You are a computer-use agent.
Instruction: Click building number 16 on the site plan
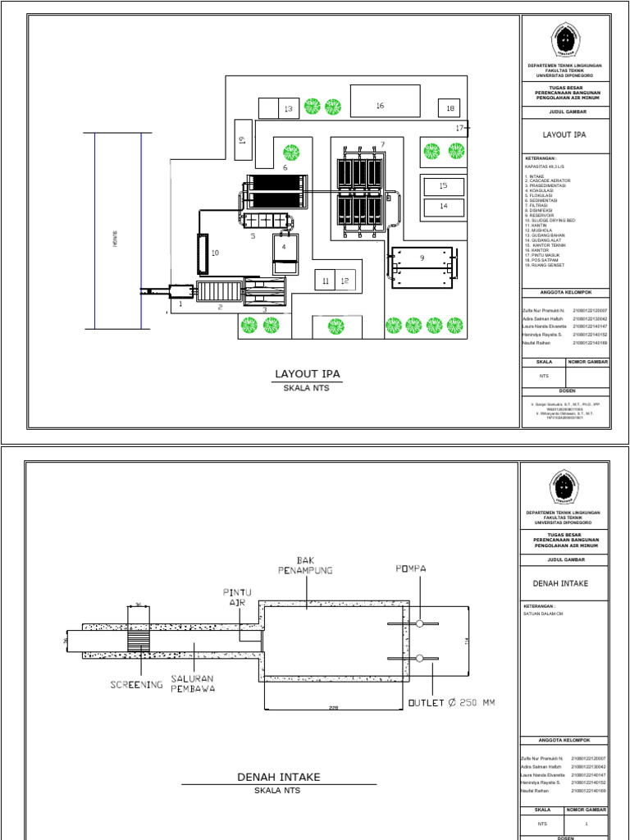[380, 105]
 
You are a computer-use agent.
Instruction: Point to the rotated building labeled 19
[242, 139]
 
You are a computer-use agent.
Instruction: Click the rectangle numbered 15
[443, 186]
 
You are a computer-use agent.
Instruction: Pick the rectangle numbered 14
[443, 206]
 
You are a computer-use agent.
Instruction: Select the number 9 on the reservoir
[422, 258]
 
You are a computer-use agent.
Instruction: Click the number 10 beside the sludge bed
[215, 254]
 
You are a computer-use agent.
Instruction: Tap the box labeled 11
[326, 281]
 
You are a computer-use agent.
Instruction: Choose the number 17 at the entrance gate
[460, 128]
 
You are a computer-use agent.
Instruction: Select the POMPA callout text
[411, 568]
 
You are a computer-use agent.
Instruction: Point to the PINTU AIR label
[238, 596]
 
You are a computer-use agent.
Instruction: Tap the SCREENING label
[136, 683]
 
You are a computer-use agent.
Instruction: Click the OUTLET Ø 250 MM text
[451, 702]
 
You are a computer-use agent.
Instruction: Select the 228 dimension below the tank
[334, 708]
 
